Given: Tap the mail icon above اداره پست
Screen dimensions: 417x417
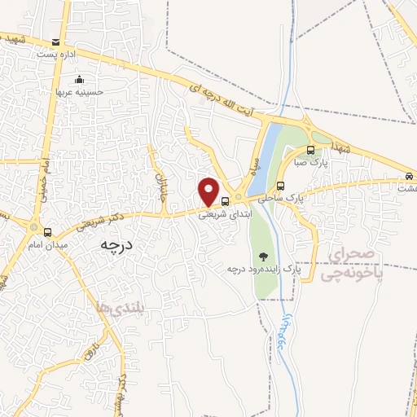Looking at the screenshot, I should pos(55,42).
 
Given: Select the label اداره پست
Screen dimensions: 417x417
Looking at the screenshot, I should pos(55,54).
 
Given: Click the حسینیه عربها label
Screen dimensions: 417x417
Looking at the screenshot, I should pos(80,91).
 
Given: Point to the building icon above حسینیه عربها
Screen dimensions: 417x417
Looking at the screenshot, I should pos(80,79).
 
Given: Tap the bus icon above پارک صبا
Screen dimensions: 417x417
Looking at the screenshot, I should pos(310,150).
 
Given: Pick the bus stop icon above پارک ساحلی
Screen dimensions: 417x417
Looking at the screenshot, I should pos(281,185).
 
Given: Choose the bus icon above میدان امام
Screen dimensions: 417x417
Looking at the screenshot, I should pos(47,233).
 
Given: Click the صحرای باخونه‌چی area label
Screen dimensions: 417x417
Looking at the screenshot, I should pos(350,266).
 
